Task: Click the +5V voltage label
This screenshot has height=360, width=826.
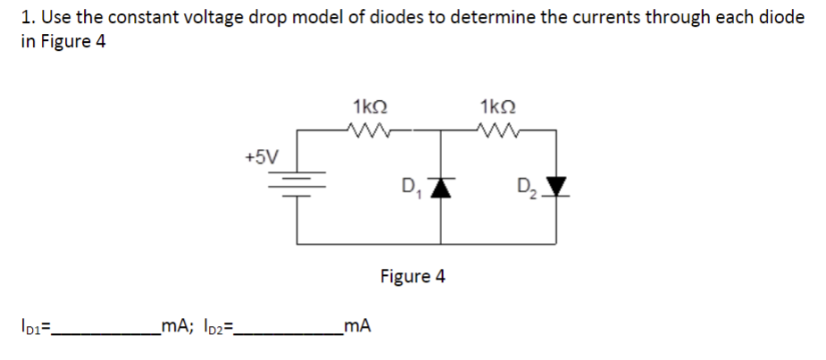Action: tap(261, 157)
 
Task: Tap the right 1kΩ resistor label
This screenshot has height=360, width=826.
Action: tap(494, 106)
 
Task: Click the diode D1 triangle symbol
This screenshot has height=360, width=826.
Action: tap(440, 186)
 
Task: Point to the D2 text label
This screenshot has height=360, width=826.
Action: tap(527, 189)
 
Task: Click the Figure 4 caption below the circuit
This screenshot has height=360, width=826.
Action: tap(412, 276)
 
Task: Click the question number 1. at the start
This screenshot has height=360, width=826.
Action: tap(27, 17)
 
